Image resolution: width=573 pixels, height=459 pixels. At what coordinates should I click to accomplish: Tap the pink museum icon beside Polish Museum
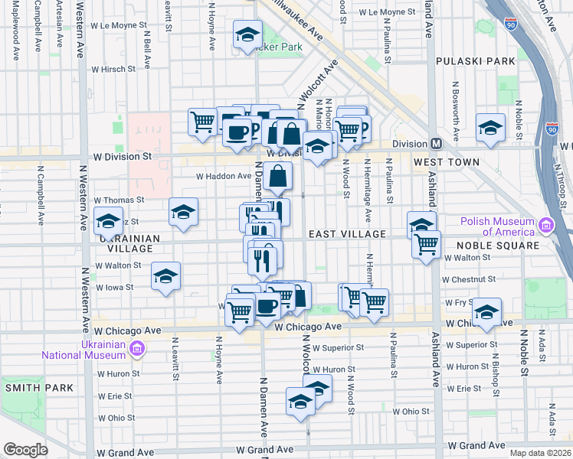[x=545, y=226]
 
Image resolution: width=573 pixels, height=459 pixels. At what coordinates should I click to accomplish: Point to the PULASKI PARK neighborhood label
[x=465, y=60]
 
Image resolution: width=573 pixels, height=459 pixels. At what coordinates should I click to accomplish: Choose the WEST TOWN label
[x=447, y=162]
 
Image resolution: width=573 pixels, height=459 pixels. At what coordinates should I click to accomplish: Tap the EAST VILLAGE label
[x=340, y=233]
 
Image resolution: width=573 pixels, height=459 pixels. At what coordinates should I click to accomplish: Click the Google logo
[x=25, y=450]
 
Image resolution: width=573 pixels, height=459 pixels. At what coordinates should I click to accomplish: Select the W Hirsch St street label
[x=113, y=69]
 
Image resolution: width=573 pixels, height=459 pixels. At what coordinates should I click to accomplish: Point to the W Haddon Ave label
[x=224, y=176]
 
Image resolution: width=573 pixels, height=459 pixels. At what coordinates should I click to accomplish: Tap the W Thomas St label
[x=118, y=200]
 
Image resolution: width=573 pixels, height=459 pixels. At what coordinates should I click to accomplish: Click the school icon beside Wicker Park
[x=247, y=35]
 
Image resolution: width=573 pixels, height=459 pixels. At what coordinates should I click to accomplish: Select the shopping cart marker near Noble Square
[x=426, y=245]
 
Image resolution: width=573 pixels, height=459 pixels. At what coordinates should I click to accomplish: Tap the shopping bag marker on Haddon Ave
[x=280, y=177]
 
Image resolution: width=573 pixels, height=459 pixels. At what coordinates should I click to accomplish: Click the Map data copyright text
[x=539, y=452]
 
